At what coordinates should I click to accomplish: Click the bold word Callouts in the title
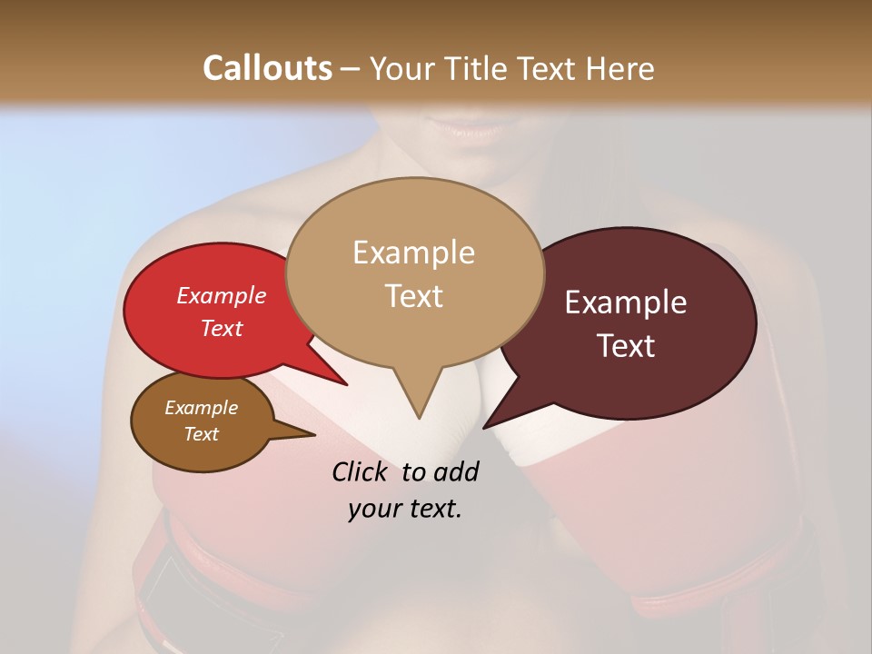coord(267,68)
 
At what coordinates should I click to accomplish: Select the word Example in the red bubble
coord(222,295)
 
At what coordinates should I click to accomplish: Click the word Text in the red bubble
coord(222,328)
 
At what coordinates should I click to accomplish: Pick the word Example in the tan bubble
coord(413,253)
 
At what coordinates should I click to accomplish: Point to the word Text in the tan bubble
coord(414,295)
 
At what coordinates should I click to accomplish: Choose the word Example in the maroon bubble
coord(626,302)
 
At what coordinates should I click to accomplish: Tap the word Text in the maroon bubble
coord(627,345)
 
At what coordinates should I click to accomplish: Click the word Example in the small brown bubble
coord(202,408)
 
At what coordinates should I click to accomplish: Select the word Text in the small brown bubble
coord(202,433)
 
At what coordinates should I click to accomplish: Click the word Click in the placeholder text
coord(362,471)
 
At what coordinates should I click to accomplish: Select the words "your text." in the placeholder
coord(405,509)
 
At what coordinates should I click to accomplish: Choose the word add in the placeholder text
coord(456,471)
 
